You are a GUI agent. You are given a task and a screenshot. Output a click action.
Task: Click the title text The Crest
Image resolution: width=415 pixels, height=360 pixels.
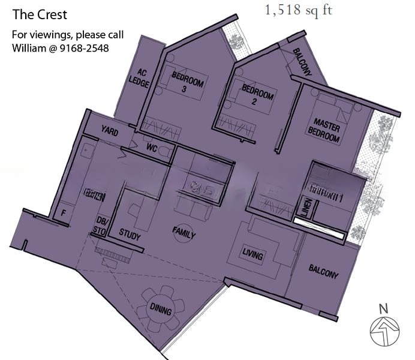pyautogui.click(x=40, y=14)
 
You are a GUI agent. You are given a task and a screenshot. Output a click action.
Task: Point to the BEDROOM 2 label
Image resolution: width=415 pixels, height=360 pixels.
pyautogui.click(x=258, y=97)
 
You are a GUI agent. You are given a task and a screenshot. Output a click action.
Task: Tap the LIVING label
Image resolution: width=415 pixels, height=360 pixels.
pyautogui.click(x=252, y=256)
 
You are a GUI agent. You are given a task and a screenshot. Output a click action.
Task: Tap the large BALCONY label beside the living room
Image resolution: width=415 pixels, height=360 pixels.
pyautogui.click(x=323, y=272)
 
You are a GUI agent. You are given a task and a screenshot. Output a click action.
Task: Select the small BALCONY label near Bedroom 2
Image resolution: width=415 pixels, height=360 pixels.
pyautogui.click(x=302, y=62)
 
